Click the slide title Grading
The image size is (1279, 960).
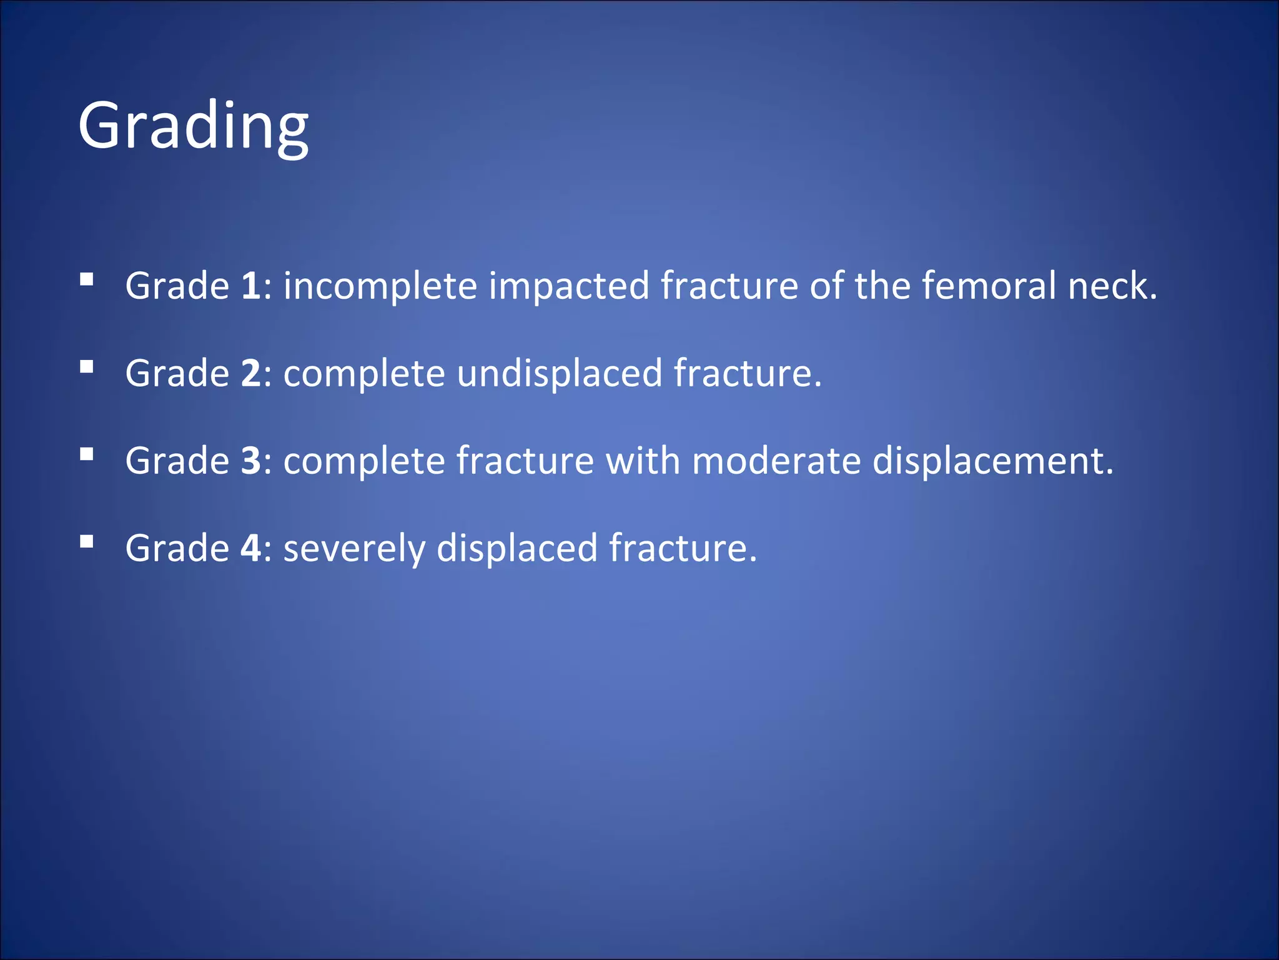coord(193,127)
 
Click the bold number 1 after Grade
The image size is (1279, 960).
coord(250,286)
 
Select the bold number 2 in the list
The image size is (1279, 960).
coord(250,374)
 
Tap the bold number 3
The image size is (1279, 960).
coord(250,461)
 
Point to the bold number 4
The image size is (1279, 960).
coord(250,549)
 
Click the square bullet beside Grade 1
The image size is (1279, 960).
coord(87,279)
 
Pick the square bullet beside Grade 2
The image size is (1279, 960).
coord(87,367)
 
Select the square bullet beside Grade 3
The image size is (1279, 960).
coord(87,454)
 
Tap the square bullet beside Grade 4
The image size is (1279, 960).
coord(87,542)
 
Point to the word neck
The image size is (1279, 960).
coord(1112,286)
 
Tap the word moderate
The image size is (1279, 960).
coord(776,461)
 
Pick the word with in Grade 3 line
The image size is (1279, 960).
coord(643,461)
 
